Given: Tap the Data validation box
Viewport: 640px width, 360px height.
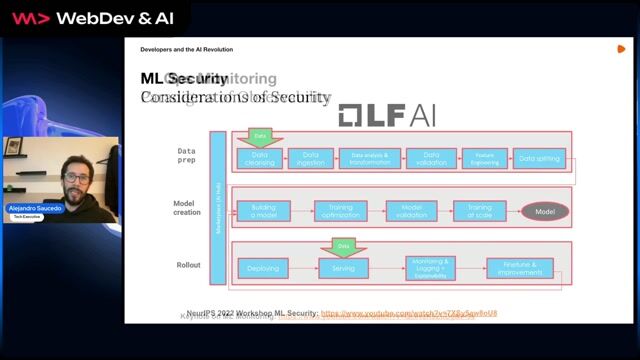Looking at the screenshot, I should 432,158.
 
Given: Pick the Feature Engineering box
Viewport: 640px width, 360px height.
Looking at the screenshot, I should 484,158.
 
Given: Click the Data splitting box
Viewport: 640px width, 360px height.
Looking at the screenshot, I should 540,158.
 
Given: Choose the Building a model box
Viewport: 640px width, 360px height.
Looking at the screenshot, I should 263,211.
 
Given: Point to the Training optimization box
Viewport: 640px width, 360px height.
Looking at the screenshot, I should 340,211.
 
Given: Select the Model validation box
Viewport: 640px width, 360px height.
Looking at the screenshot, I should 412,211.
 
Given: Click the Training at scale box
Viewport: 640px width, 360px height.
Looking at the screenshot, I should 479,211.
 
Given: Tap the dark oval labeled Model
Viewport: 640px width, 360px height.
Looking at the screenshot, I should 545,212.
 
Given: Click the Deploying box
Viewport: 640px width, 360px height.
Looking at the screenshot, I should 263,268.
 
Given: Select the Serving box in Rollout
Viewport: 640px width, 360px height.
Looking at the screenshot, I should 344,268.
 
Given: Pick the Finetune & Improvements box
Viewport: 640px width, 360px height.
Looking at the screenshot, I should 519,268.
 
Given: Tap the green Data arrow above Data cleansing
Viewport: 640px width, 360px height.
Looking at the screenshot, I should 261,137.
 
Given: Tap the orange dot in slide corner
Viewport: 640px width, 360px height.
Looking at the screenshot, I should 621,48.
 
